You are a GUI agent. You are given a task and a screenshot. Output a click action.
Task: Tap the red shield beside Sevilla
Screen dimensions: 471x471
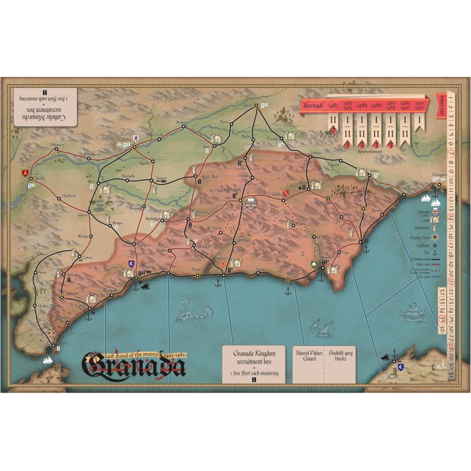(25, 172)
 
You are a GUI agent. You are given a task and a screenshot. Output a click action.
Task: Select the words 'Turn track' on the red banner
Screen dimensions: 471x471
(313, 106)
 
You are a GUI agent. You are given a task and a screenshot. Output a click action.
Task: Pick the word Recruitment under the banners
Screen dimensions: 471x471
(370, 151)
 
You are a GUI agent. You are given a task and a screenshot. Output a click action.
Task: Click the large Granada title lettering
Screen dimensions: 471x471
(134, 365)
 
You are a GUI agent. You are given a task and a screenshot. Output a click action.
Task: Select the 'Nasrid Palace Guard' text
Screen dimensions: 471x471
(307, 355)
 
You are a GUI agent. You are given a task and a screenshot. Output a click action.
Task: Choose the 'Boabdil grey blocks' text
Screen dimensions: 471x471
(341, 355)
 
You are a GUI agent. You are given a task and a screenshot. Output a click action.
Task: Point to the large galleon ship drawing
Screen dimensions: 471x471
(413, 313)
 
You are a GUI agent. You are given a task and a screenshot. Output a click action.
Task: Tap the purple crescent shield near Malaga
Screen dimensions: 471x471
(131, 263)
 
